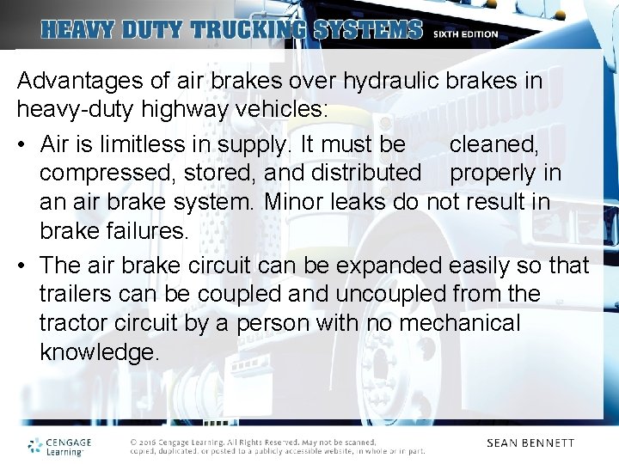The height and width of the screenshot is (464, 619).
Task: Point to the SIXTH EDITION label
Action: (465, 34)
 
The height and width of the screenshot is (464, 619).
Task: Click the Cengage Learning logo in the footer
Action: (59, 445)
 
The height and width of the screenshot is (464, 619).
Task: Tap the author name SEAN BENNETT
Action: (530, 443)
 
